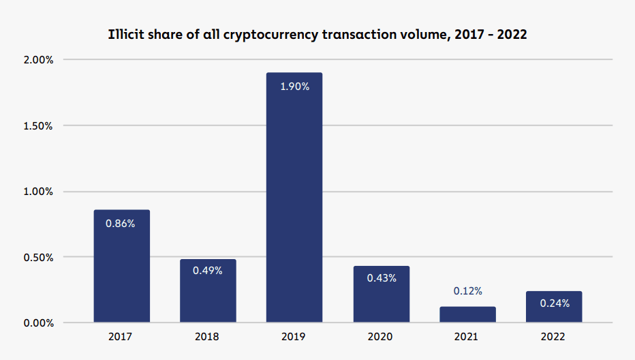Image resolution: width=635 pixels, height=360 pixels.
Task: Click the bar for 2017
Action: coord(121,266)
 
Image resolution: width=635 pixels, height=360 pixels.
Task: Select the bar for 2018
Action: coord(208,290)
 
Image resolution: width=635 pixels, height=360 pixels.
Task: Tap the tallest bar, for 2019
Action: coord(294,198)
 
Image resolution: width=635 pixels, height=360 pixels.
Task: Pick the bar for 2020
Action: coord(381,294)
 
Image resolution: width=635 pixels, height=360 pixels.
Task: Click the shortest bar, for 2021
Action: coord(467,314)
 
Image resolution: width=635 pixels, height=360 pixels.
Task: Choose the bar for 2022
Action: coord(554,307)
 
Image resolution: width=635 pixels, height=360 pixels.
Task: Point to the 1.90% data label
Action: coord(294,87)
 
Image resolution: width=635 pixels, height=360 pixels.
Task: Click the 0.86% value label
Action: coord(121,223)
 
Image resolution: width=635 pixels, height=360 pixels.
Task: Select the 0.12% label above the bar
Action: coord(467,291)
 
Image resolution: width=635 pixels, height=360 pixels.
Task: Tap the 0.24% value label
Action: coord(554,303)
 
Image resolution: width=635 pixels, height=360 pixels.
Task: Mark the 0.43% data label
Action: coord(381,278)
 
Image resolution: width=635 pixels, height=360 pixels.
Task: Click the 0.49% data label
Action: coord(208,271)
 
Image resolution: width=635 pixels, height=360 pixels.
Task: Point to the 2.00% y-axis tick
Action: coord(39,60)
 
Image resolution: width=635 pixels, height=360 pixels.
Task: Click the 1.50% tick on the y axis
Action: coord(39,125)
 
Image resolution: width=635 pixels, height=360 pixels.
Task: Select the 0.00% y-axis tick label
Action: coord(39,322)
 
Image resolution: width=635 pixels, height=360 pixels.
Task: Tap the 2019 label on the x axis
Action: coord(294,337)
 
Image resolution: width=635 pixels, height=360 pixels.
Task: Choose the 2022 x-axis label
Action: coord(554,337)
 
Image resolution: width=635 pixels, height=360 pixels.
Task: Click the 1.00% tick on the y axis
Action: coord(39,192)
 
